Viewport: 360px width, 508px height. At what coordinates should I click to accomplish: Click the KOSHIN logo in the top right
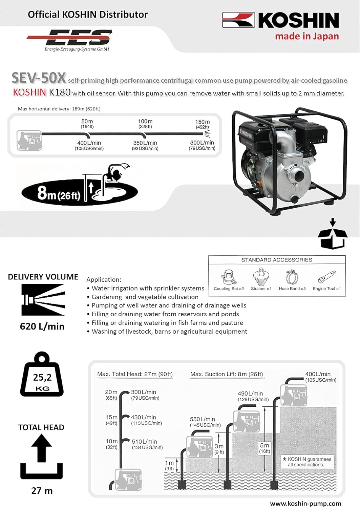pyautogui.click(x=280, y=20)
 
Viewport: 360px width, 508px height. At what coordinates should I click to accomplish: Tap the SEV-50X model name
pyautogui.click(x=39, y=78)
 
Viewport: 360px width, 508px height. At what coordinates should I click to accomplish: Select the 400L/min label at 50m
pyautogui.click(x=89, y=143)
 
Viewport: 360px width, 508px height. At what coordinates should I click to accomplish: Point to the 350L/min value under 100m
pyautogui.click(x=145, y=143)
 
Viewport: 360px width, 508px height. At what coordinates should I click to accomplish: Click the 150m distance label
pyautogui.click(x=202, y=122)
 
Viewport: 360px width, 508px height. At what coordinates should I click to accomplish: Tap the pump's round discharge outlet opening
pyautogui.click(x=299, y=176)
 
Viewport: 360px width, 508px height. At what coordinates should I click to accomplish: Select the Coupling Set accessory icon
pyautogui.click(x=229, y=277)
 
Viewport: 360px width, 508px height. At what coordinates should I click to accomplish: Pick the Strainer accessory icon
pyautogui.click(x=261, y=277)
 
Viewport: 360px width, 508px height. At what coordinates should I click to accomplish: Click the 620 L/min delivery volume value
pyautogui.click(x=42, y=326)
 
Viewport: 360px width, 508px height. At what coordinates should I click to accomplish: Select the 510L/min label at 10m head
pyautogui.click(x=144, y=442)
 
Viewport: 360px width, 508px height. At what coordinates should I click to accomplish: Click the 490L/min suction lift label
pyautogui.click(x=250, y=394)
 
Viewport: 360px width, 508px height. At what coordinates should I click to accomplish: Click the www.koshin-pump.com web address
pyautogui.click(x=305, y=504)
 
